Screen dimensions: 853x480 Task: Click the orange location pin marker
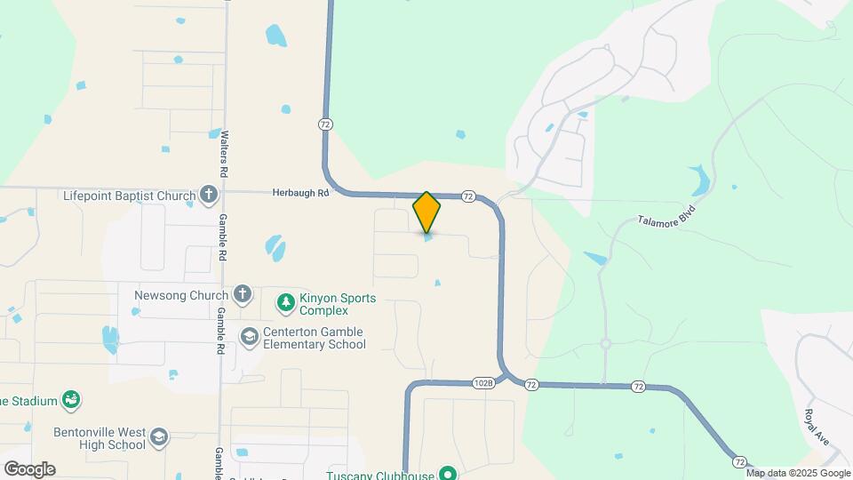[426, 212]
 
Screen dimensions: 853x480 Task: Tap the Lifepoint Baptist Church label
[129, 196]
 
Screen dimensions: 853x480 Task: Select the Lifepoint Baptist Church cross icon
[208, 195]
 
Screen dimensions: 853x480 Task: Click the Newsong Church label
[181, 295]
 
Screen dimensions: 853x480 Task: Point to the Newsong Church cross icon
[242, 294]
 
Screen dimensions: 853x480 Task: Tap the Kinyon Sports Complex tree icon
[285, 303]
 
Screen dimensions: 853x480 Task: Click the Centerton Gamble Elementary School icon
[250, 337]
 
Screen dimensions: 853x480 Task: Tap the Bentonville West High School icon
[158, 436]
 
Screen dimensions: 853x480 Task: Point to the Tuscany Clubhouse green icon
[449, 474]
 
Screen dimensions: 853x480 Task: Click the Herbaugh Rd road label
[300, 192]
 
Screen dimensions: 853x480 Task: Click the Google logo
[29, 468]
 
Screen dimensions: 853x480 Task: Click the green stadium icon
[70, 401]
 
